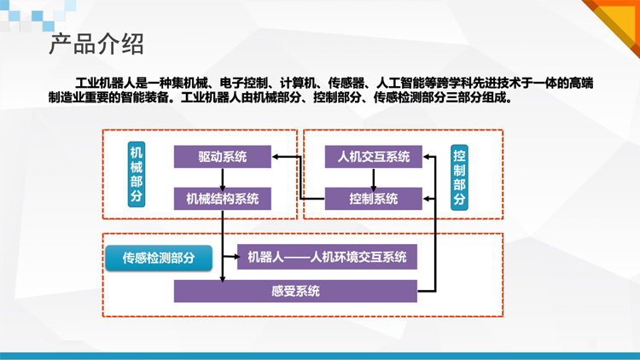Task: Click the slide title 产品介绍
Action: [x=96, y=44]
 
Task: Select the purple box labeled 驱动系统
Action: [x=223, y=157]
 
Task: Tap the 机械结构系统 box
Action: [x=223, y=199]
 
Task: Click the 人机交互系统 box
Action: [x=374, y=157]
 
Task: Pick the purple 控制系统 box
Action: [x=374, y=199]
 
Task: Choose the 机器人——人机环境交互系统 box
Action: [x=327, y=257]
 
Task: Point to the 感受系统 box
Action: [x=295, y=291]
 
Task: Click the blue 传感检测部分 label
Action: [x=159, y=258]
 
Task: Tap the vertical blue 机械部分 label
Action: [x=137, y=174]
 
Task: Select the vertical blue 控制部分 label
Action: [x=459, y=177]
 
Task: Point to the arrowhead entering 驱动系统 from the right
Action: [x=275, y=157]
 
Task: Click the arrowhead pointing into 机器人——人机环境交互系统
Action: [x=236, y=257]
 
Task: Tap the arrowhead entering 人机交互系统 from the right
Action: [x=427, y=157]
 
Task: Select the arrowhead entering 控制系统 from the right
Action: [x=427, y=199]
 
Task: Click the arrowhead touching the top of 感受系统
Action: [x=223, y=279]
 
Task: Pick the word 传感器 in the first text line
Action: [x=346, y=84]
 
